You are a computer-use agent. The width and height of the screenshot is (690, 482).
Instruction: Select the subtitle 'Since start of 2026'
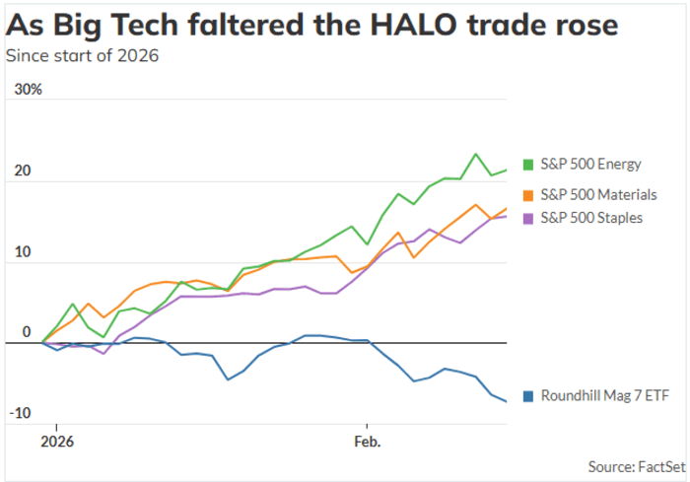tap(82, 55)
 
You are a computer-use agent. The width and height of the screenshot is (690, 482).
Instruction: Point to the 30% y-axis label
tap(28, 90)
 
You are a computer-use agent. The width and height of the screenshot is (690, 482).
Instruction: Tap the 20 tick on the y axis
tap(21, 172)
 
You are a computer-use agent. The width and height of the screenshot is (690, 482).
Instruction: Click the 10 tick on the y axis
tap(21, 252)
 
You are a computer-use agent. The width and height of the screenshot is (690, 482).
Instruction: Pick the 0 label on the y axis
tap(27, 333)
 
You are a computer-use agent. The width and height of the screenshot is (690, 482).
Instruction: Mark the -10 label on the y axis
tap(19, 413)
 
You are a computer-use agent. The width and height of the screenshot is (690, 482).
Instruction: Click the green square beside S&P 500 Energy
tap(528, 164)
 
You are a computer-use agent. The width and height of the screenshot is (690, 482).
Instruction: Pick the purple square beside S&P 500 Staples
tap(528, 218)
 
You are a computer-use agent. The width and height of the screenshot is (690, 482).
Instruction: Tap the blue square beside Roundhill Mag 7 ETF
tap(528, 396)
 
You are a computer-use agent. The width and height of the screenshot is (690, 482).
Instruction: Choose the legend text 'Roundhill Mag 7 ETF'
tap(605, 396)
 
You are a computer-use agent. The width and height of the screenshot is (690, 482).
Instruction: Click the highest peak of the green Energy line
tap(476, 154)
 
